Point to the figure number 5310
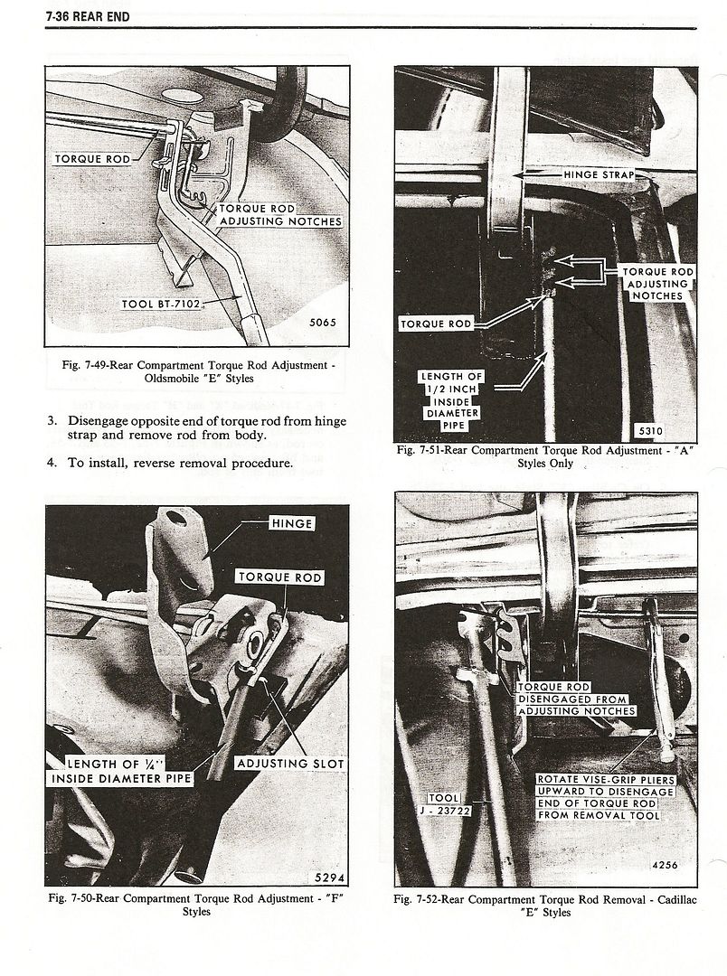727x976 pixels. tap(649, 431)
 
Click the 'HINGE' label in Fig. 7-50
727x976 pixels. tap(291, 522)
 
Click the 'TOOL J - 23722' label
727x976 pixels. tap(445, 804)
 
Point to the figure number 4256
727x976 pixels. tap(665, 864)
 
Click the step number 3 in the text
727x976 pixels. tap(52, 420)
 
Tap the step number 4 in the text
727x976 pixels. tap(52, 463)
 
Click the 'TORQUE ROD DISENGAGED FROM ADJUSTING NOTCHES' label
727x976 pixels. tap(575, 699)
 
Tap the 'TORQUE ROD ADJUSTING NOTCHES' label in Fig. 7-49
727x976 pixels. tap(279, 214)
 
